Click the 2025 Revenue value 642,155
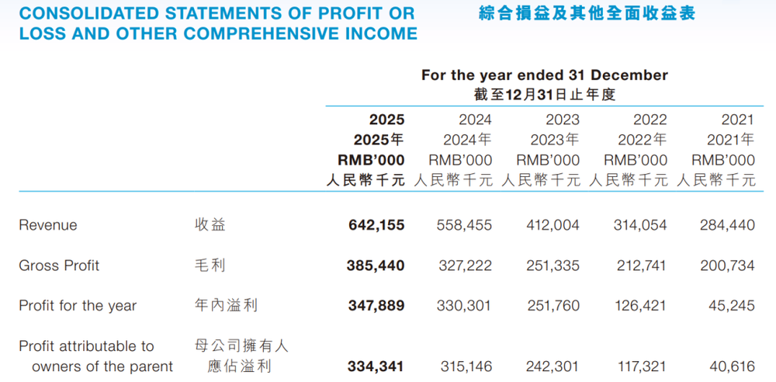pyautogui.click(x=376, y=225)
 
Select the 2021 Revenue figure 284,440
pyautogui.click(x=726, y=225)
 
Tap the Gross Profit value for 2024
pyautogui.click(x=464, y=266)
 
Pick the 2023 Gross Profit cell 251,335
pyautogui.click(x=552, y=266)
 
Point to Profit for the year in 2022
pyautogui.click(x=639, y=306)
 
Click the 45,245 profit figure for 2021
pyautogui.click(x=731, y=306)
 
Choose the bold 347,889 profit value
pyautogui.click(x=376, y=306)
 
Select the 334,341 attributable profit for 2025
pyautogui.click(x=376, y=366)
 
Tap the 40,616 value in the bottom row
pyautogui.click(x=731, y=366)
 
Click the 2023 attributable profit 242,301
pyautogui.click(x=552, y=366)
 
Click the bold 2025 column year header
pyautogui.click(x=386, y=120)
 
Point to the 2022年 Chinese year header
pyautogui.click(x=642, y=140)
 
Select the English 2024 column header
pyautogui.click(x=475, y=120)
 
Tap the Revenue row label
pyautogui.click(x=48, y=225)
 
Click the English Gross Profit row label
pyautogui.click(x=59, y=266)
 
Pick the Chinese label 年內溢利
pyautogui.click(x=226, y=306)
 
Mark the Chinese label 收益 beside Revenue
pyautogui.click(x=210, y=225)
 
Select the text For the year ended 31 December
pyautogui.click(x=544, y=75)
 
